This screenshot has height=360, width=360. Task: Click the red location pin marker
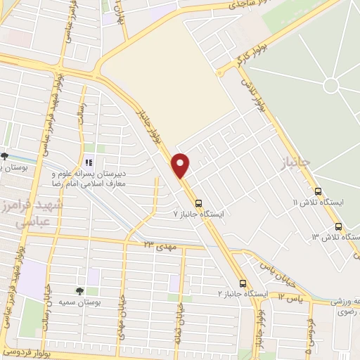pyautogui.click(x=181, y=165)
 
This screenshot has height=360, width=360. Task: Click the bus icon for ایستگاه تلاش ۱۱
pyautogui.click(x=319, y=191)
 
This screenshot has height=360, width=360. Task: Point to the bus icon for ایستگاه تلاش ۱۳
pyautogui.click(x=338, y=226)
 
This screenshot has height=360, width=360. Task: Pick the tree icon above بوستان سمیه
pyautogui.click(x=79, y=290)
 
